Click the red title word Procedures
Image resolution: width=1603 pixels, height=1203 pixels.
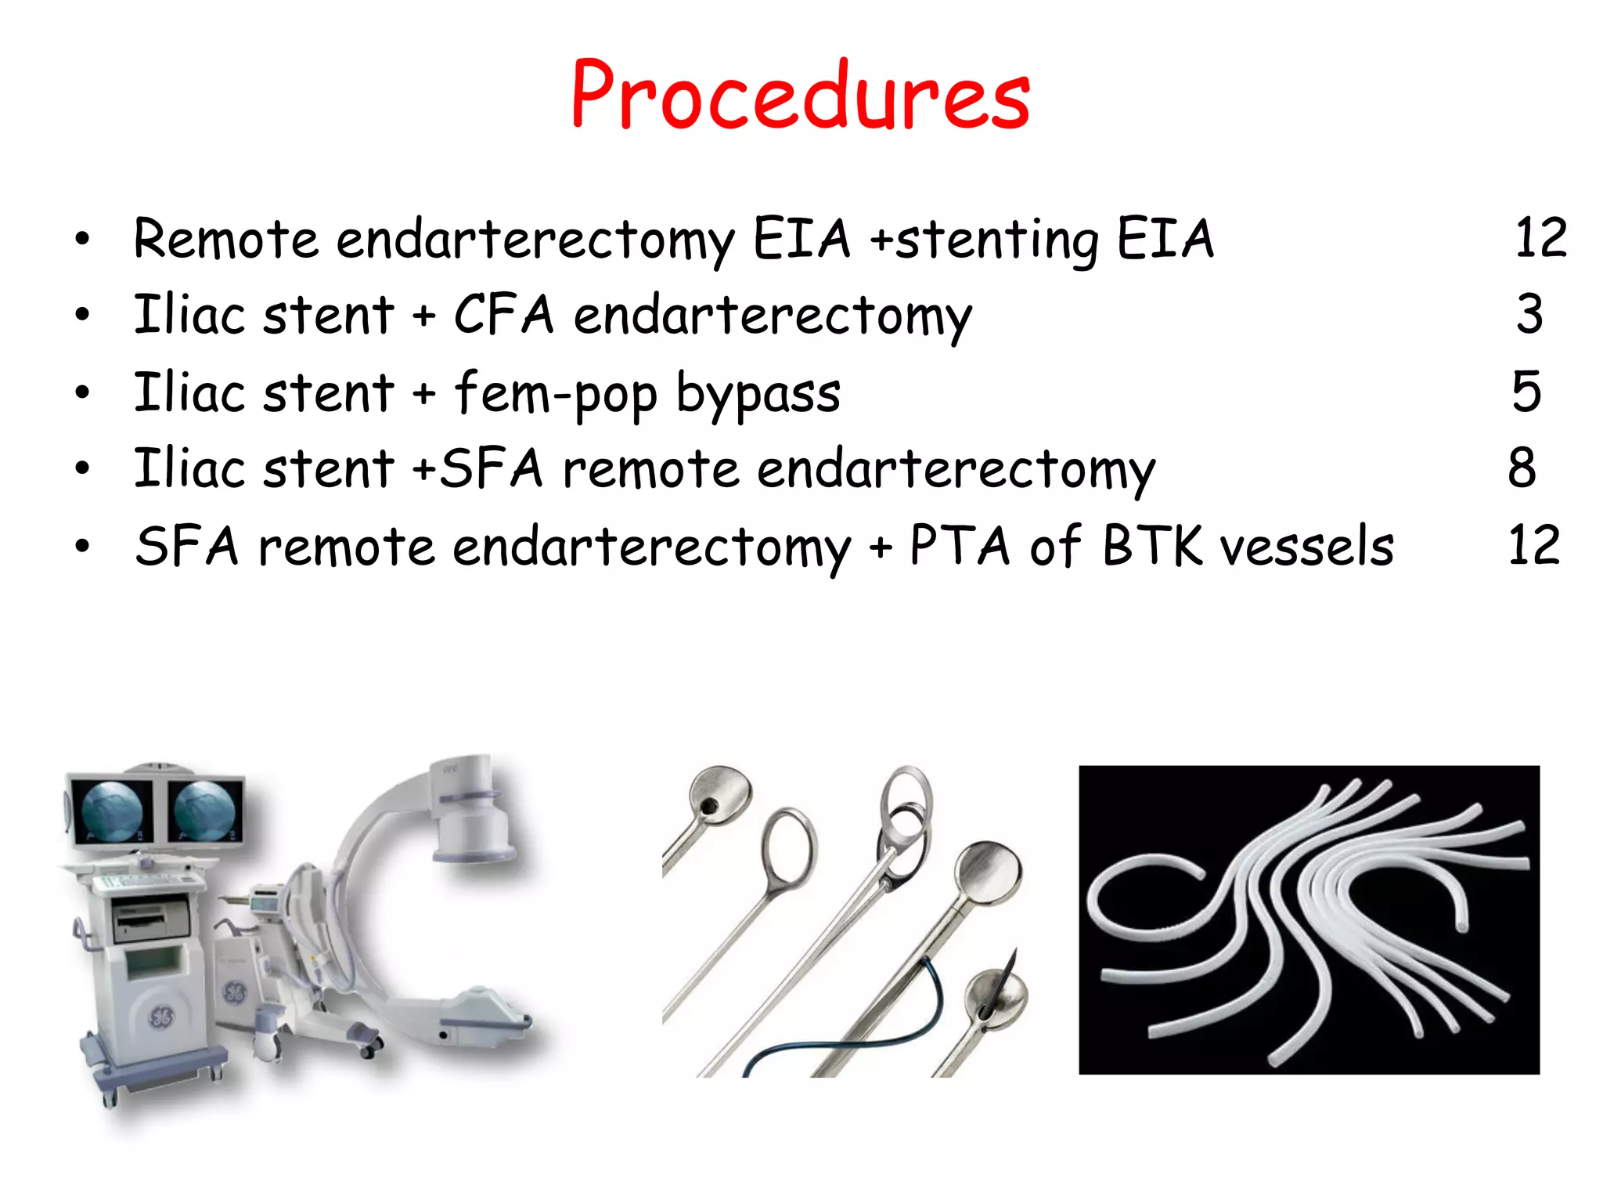point(800,96)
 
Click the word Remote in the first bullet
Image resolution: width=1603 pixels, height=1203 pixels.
point(225,239)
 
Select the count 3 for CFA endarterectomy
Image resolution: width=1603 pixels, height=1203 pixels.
point(1529,315)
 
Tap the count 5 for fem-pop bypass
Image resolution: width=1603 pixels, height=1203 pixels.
point(1526,392)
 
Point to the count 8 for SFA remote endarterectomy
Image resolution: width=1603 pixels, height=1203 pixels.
point(1522,468)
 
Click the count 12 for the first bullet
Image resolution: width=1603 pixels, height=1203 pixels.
point(1540,238)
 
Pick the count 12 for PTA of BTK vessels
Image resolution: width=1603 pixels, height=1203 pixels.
point(1534,546)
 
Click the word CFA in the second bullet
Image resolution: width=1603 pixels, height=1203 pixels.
point(503,315)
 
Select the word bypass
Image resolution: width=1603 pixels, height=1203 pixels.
point(758,394)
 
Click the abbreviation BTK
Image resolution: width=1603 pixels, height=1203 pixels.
point(1152,546)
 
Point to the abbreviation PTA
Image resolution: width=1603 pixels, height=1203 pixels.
point(960,546)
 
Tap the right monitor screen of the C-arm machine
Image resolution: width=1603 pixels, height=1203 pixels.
point(204,811)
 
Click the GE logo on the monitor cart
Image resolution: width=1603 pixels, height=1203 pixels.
point(160,1017)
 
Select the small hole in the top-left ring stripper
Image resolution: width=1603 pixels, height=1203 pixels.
point(708,806)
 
